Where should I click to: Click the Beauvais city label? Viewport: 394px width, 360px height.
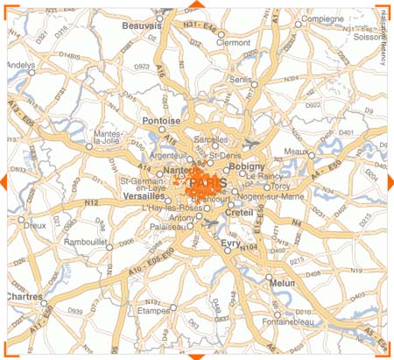point(141,26)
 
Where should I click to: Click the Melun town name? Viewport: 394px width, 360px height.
point(283,284)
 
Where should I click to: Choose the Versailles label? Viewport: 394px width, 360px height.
point(144,196)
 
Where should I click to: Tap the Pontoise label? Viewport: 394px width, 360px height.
point(160,120)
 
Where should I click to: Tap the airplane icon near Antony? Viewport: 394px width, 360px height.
point(211,224)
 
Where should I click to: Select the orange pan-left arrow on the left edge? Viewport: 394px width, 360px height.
point(4,180)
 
